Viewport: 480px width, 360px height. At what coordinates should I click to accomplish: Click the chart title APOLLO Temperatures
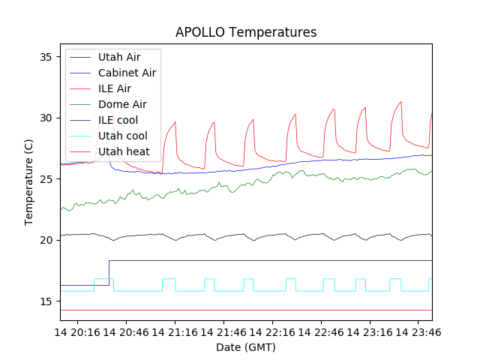(246, 32)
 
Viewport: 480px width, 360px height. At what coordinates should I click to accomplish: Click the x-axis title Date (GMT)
(246, 347)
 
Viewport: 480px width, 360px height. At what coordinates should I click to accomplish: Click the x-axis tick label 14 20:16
(80, 331)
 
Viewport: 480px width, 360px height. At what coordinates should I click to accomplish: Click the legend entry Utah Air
(118, 56)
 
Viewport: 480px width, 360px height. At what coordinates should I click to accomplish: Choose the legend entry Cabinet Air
(127, 73)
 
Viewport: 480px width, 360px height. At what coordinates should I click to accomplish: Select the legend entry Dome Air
(122, 104)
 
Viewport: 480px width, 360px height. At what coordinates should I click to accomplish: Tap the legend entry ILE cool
(118, 120)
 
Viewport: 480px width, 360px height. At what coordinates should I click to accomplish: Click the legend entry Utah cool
(122, 136)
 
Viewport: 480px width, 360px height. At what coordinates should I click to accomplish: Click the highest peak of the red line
(401, 102)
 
